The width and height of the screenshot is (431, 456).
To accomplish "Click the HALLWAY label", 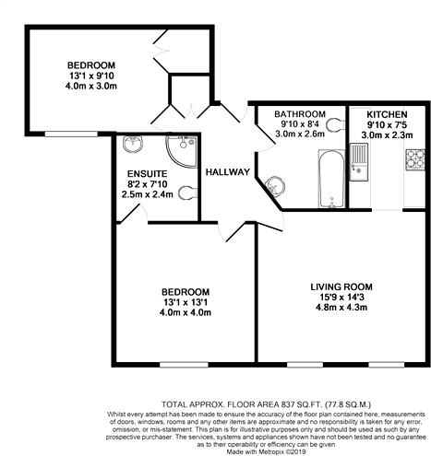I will [x=227, y=172].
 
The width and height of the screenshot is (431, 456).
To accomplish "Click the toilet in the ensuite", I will [x=188, y=192].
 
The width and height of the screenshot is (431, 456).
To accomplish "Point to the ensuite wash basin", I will [x=131, y=147].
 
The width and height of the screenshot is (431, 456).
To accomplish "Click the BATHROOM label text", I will [x=303, y=112].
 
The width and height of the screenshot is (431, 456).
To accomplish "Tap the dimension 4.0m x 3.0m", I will [x=97, y=86].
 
